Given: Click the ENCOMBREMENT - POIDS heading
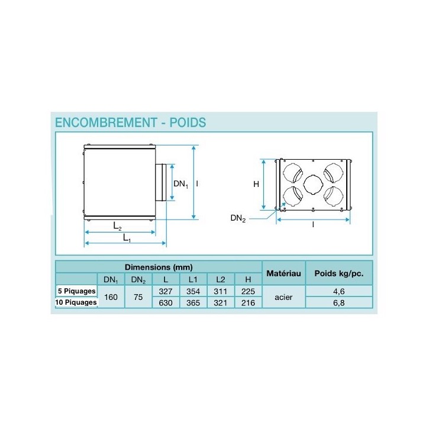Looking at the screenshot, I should [130, 122].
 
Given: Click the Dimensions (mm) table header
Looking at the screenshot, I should [159, 267].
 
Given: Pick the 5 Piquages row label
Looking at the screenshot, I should [76, 291].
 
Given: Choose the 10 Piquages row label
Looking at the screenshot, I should [76, 302].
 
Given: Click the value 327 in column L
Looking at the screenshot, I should [166, 291].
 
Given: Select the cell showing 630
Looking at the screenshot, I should [166, 302].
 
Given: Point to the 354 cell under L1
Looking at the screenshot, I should [193, 291].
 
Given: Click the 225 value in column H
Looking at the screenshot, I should [248, 291].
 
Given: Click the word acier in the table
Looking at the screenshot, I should [284, 296].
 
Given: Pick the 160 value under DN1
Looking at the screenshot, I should [111, 296].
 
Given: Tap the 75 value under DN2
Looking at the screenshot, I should [138, 296].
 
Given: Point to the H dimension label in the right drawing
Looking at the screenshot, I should [256, 184].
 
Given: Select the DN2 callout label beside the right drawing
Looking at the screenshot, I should [238, 218].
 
